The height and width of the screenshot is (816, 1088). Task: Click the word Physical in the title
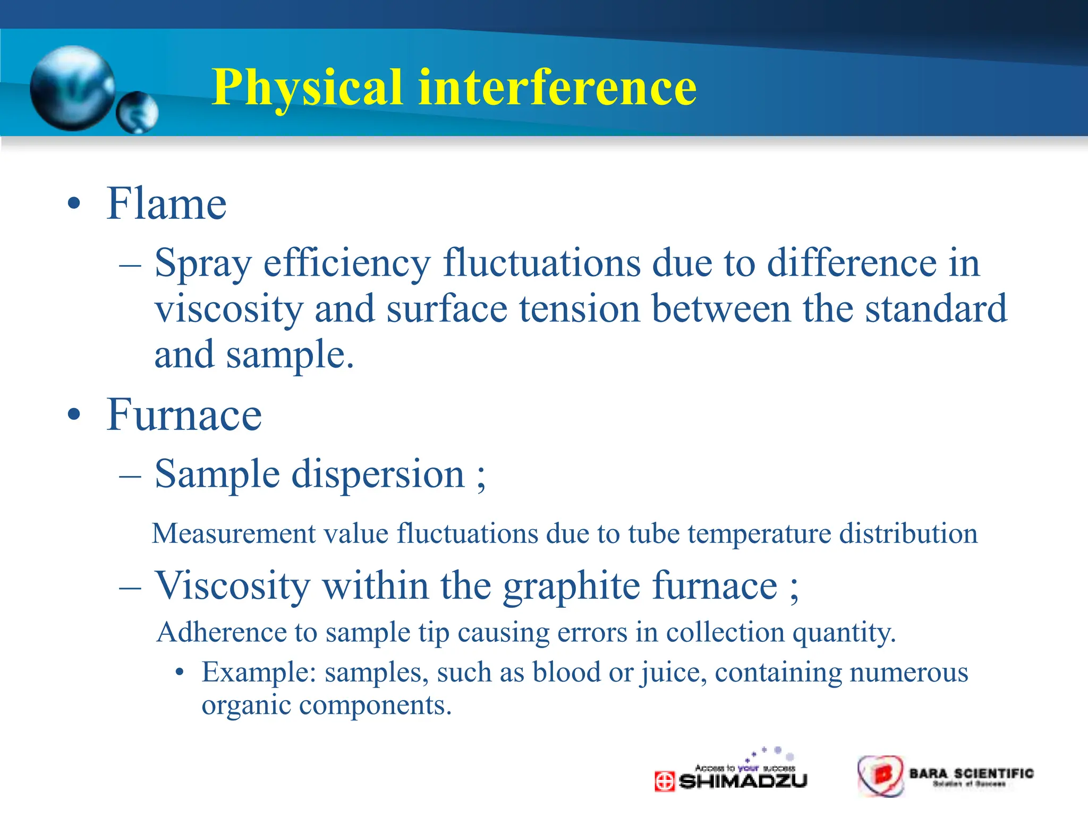pos(307,88)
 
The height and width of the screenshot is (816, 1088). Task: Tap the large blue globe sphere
pos(72,88)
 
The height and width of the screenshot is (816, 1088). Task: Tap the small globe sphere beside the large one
pos(137,112)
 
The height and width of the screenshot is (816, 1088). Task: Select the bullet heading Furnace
pos(184,415)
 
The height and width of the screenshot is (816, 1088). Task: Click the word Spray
pos(202,264)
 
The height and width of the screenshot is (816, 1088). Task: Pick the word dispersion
pos(378,474)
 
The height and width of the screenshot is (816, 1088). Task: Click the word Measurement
pos(233,533)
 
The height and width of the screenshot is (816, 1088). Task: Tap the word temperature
pos(759,533)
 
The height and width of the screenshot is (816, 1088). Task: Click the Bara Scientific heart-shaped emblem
pos(880,776)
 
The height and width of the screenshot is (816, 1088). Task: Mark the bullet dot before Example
pos(180,673)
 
